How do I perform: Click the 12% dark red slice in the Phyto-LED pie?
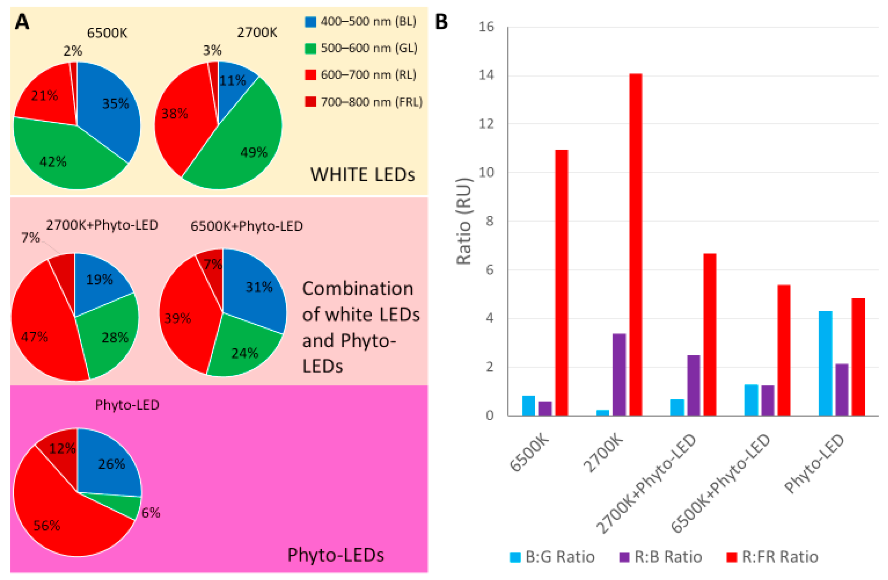pyautogui.click(x=60, y=446)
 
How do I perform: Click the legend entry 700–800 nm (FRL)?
pyautogui.click(x=364, y=102)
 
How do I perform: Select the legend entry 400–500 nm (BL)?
pyautogui.click(x=361, y=21)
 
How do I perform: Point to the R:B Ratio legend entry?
pyautogui.click(x=661, y=557)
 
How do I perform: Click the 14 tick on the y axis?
pyautogui.click(x=486, y=75)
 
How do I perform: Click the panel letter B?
pyautogui.click(x=441, y=22)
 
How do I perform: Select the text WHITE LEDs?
pyautogui.click(x=362, y=174)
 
